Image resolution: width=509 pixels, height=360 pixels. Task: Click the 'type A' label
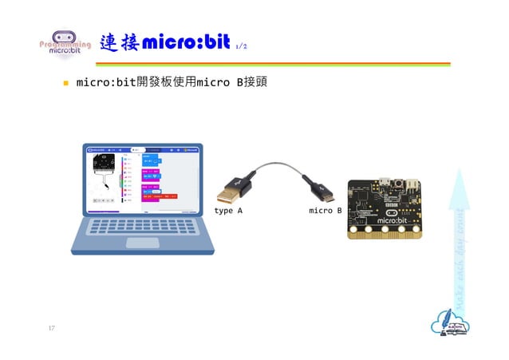coord(228,211)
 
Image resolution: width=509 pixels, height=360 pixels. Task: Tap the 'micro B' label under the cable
coord(326,211)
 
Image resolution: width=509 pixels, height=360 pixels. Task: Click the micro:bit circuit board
coord(385,209)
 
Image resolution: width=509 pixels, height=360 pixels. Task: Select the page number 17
coord(51,328)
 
